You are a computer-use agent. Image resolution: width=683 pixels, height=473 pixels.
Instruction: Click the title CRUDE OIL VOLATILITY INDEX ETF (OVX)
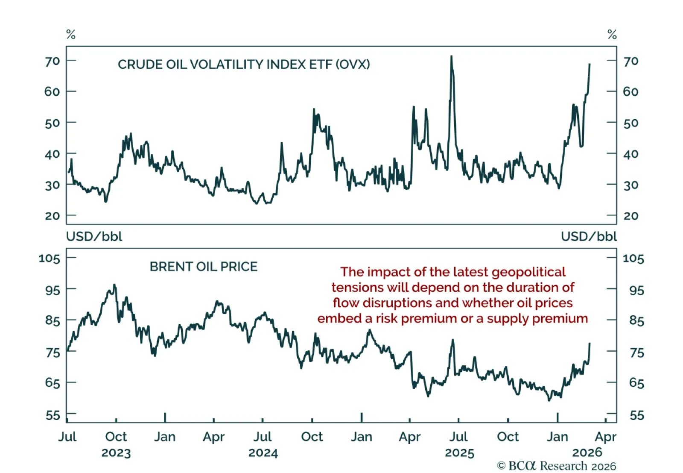point(244,65)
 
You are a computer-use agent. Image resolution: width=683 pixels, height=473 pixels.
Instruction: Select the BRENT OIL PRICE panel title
point(203,267)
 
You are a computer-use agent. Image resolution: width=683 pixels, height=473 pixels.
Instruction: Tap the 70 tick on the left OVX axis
point(52,61)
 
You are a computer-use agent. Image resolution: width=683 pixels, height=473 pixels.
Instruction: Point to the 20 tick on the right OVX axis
point(631,216)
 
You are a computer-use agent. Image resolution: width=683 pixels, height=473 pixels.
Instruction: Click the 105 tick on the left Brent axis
point(49,258)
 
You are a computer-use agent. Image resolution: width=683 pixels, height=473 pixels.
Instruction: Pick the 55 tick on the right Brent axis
point(636,415)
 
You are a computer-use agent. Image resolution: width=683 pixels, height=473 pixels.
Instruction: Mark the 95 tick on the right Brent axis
point(636,291)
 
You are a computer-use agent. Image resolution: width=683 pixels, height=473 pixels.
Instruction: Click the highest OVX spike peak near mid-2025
point(451,56)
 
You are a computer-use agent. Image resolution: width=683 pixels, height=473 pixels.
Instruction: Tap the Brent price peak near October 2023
point(114,285)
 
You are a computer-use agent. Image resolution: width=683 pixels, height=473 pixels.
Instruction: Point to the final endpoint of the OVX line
point(590,65)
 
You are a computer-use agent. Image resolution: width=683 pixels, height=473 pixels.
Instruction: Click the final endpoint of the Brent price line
point(590,343)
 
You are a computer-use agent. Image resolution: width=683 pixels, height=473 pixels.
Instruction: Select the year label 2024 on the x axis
point(263,453)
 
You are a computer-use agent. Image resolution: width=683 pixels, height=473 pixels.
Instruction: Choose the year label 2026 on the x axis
point(587,452)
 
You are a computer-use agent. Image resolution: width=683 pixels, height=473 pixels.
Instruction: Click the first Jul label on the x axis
point(67,437)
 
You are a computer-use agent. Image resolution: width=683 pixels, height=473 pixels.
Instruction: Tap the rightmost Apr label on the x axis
point(605,437)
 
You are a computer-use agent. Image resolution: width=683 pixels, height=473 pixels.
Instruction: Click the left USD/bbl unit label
point(94,237)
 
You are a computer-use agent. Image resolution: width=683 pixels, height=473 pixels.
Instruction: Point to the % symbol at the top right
point(612,35)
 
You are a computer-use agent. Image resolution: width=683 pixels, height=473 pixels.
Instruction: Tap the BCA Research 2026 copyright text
point(557,466)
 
